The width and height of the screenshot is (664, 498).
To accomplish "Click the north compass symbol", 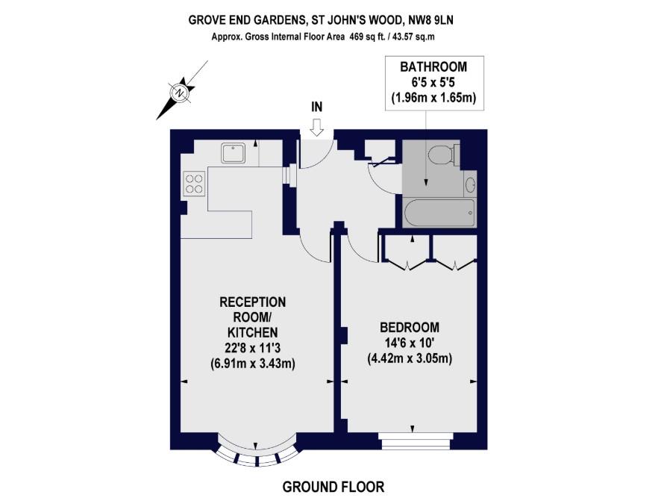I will click(180, 93).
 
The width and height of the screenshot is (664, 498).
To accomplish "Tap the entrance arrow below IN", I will click(316, 128).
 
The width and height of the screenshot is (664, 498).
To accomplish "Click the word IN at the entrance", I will click(316, 108).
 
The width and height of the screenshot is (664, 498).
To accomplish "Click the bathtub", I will click(438, 214).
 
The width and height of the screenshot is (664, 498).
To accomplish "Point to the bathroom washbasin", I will click(470, 184).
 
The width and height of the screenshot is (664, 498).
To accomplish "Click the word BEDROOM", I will click(410, 328).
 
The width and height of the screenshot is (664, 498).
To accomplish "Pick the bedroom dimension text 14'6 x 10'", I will click(410, 343).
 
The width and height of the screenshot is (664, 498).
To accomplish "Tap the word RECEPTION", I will click(252, 302).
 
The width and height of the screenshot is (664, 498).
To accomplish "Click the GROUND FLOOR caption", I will click(333, 488).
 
